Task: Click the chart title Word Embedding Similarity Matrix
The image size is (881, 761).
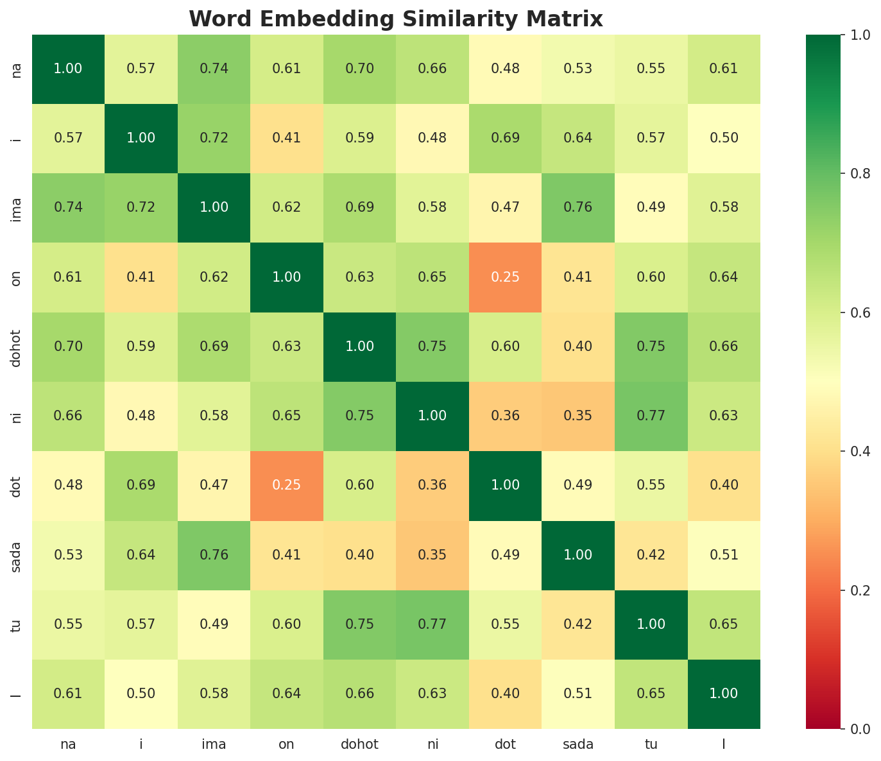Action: pyautogui.click(x=396, y=19)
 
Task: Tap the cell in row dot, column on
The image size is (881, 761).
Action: pyautogui.click(x=287, y=485)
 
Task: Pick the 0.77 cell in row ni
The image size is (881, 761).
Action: pyautogui.click(x=651, y=416)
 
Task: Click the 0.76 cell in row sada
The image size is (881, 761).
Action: pyautogui.click(x=214, y=554)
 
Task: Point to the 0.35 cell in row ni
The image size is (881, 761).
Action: pyautogui.click(x=578, y=416)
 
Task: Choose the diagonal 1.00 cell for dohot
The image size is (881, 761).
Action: pyautogui.click(x=359, y=346)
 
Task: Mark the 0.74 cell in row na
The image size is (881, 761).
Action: pyautogui.click(x=214, y=69)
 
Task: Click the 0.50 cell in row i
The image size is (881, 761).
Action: pyautogui.click(x=724, y=138)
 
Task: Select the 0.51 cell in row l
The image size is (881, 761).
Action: pyautogui.click(x=578, y=694)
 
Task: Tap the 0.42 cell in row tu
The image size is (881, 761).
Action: pyautogui.click(x=578, y=624)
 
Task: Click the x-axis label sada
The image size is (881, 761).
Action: pyautogui.click(x=578, y=744)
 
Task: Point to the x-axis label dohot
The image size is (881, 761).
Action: pyautogui.click(x=359, y=744)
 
